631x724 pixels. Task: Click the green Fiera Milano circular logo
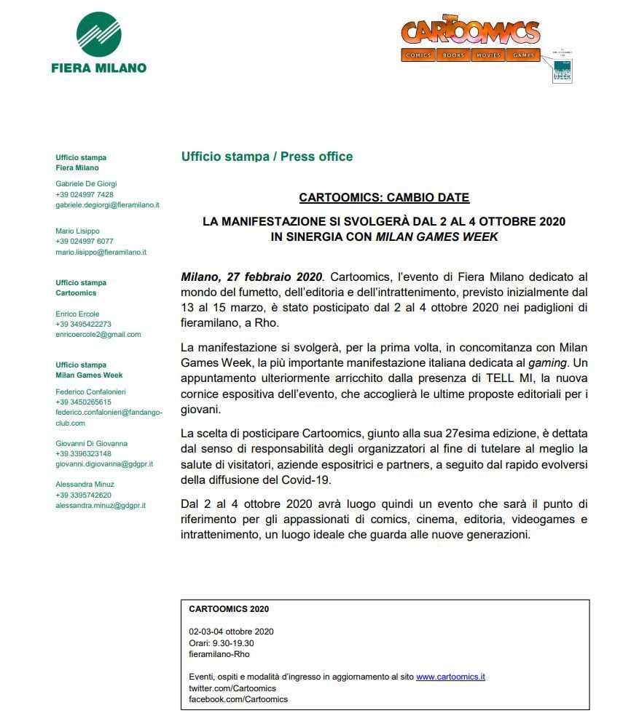(98, 33)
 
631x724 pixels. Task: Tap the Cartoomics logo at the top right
(470, 32)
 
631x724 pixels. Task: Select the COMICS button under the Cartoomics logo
(418, 55)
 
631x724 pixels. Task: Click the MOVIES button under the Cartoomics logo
(488, 55)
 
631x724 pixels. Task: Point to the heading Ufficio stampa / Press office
(267, 156)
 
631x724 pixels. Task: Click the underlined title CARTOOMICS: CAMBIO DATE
(384, 197)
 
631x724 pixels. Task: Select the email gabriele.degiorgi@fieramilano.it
(108, 205)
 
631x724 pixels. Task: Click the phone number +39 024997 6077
(85, 242)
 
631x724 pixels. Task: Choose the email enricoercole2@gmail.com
(98, 335)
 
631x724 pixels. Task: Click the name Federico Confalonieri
(91, 391)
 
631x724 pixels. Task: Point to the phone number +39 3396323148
(83, 453)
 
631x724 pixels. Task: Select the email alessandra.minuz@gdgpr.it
(101, 505)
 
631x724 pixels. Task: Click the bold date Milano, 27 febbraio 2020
(251, 277)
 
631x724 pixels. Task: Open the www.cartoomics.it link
(450, 677)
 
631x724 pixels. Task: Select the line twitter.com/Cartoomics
(232, 688)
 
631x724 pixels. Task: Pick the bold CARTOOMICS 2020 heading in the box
(228, 609)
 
